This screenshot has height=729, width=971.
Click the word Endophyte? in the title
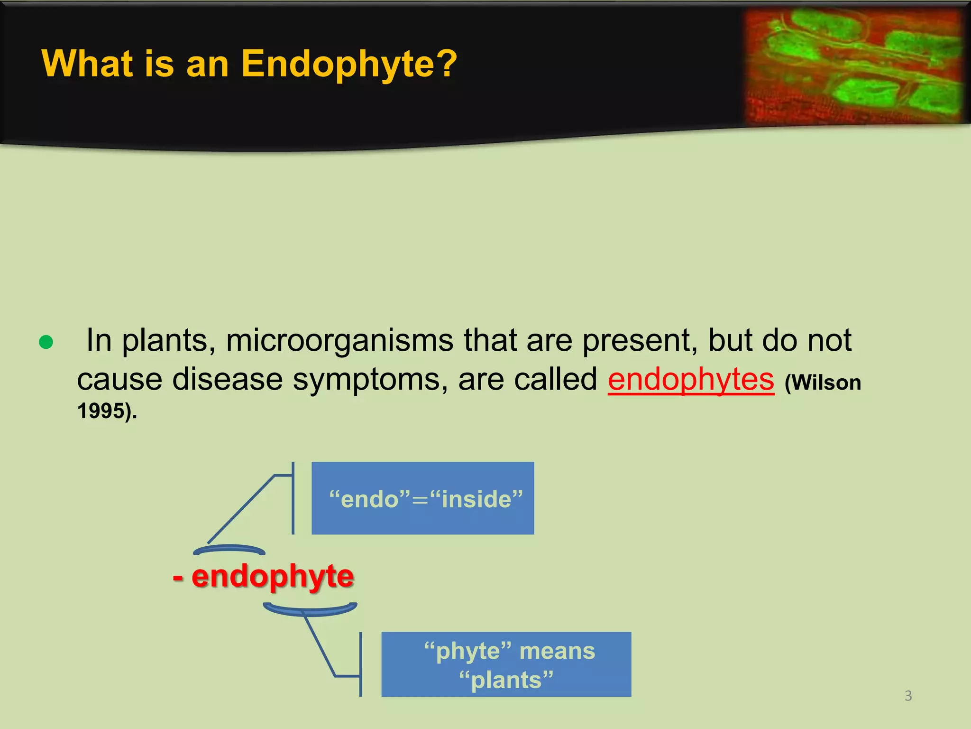[349, 64]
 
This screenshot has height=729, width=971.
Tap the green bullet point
[46, 342]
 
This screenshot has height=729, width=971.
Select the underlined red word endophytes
[691, 380]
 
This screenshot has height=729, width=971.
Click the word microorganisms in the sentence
[339, 341]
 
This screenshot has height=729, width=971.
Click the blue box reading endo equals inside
[422, 498]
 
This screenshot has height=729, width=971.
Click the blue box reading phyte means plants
[506, 664]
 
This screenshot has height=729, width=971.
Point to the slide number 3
[908, 696]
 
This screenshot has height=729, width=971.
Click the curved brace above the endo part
[229, 549]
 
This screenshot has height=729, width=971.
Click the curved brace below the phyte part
[310, 610]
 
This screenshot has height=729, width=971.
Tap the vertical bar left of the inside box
[293, 498]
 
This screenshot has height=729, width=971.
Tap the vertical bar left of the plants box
[361, 664]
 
